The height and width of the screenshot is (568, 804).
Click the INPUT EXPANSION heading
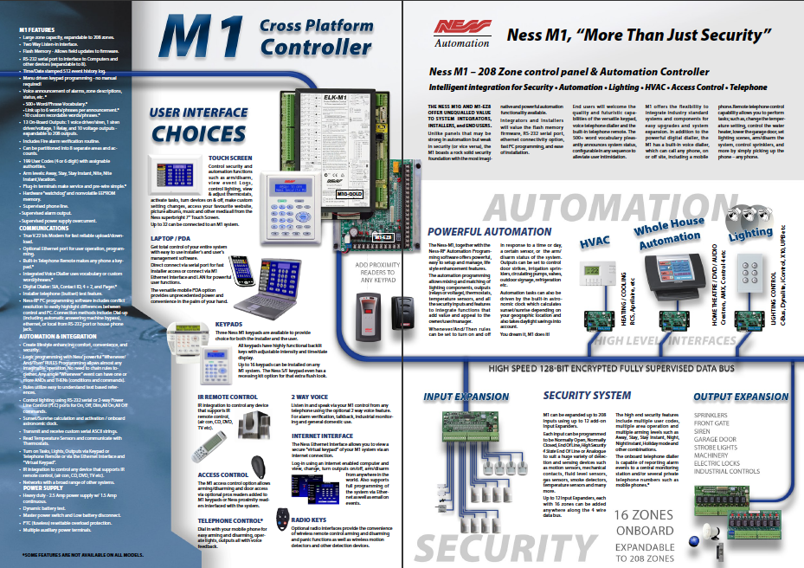[466, 396]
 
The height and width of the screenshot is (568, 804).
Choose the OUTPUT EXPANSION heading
[742, 396]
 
